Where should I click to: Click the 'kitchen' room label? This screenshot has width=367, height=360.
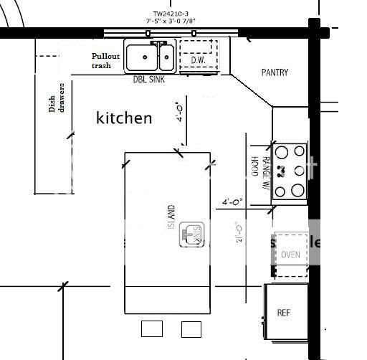(124, 118)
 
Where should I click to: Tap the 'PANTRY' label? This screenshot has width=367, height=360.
(275, 72)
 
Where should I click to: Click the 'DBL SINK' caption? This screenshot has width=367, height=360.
(149, 80)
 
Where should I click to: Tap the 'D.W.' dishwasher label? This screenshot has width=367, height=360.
(198, 60)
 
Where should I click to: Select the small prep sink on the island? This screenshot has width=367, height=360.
(191, 234)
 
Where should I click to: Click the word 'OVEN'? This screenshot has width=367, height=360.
(290, 255)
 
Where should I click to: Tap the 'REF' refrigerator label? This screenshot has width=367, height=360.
(283, 313)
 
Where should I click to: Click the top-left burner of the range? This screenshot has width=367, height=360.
(282, 151)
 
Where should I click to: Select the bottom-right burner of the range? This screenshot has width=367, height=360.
(298, 191)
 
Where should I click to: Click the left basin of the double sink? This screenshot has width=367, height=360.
(143, 55)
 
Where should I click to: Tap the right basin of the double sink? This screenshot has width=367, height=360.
(166, 55)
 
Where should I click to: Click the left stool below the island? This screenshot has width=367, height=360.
(152, 328)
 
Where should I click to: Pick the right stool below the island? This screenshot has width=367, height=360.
(191, 328)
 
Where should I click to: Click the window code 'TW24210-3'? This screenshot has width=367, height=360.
(171, 13)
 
